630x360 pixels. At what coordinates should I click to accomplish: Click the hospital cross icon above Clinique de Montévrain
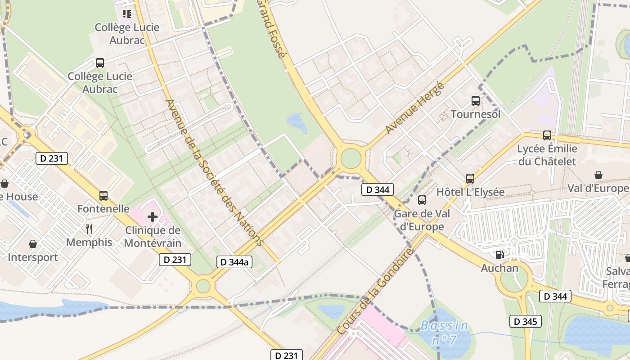[x=153, y=217]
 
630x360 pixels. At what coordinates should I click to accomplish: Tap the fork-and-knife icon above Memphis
[x=89, y=229]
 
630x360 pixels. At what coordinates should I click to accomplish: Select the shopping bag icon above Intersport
[x=33, y=244]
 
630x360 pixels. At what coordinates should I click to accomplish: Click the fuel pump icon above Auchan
[x=499, y=255]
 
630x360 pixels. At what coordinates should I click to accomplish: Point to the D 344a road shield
[x=234, y=262]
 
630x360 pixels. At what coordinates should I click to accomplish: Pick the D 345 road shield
[x=525, y=321]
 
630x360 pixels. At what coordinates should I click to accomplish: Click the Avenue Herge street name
[x=415, y=108]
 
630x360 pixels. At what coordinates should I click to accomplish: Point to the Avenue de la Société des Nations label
[x=213, y=172]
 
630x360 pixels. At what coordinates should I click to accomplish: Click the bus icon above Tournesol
[x=476, y=101]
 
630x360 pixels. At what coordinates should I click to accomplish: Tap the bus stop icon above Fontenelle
[x=103, y=196]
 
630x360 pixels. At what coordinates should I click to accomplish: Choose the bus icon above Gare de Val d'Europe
[x=422, y=200]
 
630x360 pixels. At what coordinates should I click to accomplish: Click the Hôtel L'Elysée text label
[x=471, y=192]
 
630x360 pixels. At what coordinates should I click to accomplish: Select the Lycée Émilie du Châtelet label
[x=547, y=155]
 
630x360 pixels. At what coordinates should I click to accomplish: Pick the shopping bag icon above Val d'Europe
[x=598, y=175]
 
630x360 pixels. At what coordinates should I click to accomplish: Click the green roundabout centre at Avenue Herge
[x=351, y=158]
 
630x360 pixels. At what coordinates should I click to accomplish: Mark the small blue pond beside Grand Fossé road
[x=297, y=121]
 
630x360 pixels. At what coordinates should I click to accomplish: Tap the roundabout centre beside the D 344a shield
[x=203, y=286]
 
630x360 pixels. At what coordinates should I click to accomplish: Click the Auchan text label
[x=499, y=268]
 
